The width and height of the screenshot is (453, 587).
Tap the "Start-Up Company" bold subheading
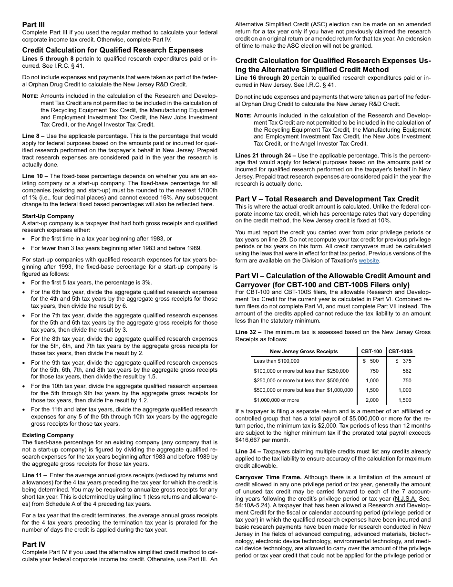click(x=48, y=216)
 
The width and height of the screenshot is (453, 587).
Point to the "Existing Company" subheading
click(x=48, y=435)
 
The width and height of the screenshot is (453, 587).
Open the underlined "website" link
click(x=369, y=261)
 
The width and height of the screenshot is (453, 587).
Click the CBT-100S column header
click(x=401, y=351)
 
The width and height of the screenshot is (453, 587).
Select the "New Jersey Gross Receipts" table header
click(x=304, y=351)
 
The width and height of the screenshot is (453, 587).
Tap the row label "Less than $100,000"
click(x=277, y=361)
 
